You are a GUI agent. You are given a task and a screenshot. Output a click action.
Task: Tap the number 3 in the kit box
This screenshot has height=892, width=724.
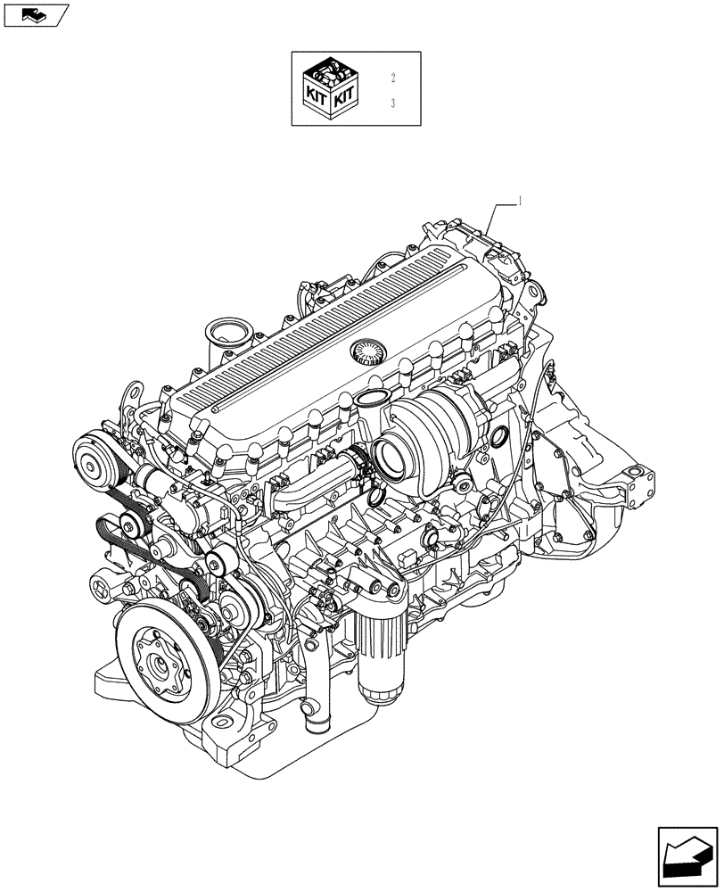click(392, 104)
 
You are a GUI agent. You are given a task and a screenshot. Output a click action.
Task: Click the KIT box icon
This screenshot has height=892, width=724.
click(331, 89)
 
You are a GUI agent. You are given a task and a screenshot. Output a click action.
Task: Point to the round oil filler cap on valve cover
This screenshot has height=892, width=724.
click(366, 351)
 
